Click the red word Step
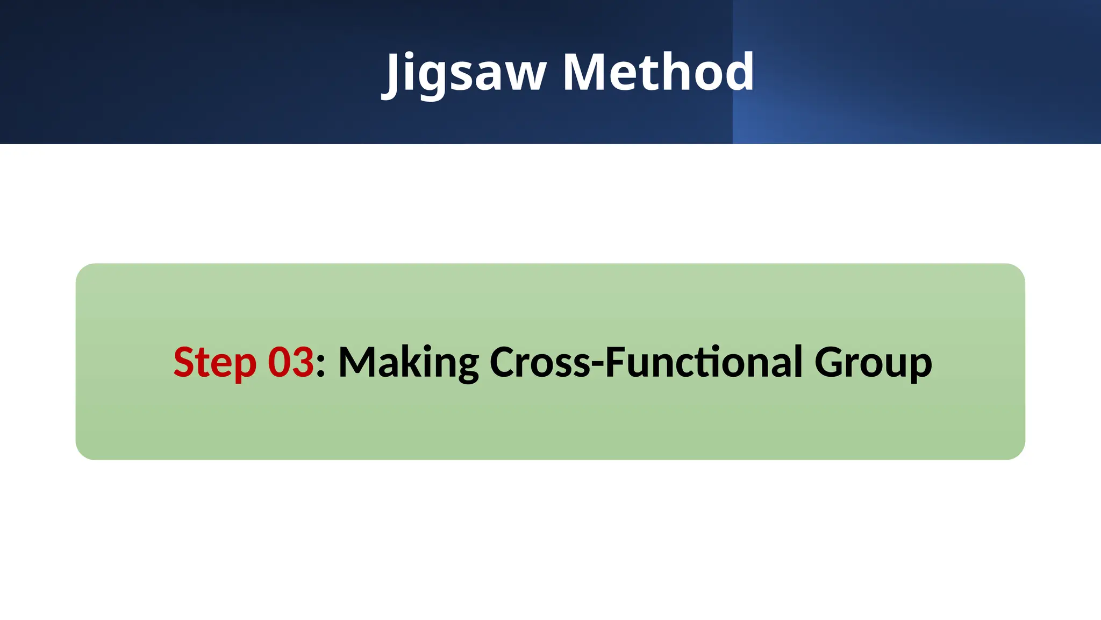coord(215,363)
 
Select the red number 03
coord(290,362)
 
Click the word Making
coord(408,363)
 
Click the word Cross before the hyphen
coord(540,362)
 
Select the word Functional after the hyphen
coord(704,362)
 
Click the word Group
coord(873,363)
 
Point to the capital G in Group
coord(830,362)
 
